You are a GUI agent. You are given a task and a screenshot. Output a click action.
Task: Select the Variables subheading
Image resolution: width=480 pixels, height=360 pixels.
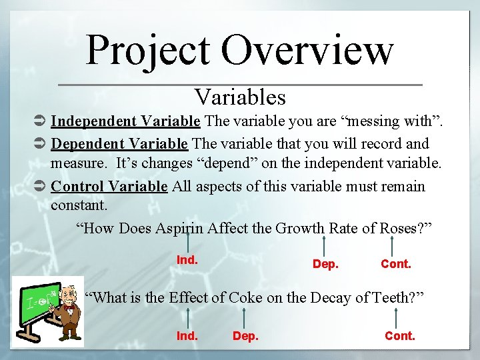click(240, 97)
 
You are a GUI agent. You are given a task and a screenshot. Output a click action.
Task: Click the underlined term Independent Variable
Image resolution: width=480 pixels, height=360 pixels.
click(125, 121)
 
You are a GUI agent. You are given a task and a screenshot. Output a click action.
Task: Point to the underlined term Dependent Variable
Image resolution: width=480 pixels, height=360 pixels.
click(119, 143)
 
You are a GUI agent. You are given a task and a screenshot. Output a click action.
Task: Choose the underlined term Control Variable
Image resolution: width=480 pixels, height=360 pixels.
click(109, 186)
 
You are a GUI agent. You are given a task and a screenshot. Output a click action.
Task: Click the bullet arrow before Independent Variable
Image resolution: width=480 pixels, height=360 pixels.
click(39, 122)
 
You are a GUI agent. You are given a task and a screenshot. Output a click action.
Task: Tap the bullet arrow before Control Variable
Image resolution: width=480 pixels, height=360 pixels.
click(39, 187)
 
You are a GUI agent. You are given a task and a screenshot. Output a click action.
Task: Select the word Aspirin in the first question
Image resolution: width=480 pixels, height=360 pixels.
click(179, 229)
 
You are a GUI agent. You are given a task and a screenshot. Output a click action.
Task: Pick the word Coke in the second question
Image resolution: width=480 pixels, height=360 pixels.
click(245, 297)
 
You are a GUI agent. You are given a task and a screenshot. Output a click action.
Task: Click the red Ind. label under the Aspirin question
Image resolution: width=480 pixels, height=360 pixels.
click(187, 260)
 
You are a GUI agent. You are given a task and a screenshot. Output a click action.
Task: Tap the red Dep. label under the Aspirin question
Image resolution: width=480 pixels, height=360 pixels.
click(325, 264)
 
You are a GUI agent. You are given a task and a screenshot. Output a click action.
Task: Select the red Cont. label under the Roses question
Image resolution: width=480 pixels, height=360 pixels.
click(396, 264)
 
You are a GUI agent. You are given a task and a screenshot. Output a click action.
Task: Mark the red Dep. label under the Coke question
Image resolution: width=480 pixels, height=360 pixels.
click(245, 336)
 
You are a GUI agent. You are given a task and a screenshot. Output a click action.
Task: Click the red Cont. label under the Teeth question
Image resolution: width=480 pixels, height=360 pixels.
click(400, 336)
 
